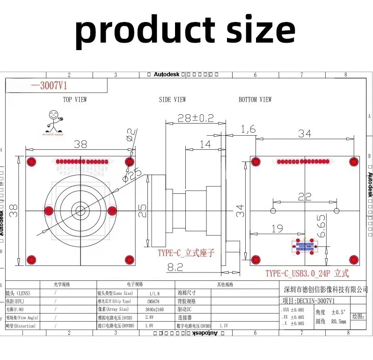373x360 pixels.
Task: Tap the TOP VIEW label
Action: click(x=75, y=100)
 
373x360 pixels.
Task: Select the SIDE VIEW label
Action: click(x=172, y=100)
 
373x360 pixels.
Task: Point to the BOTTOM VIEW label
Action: click(x=255, y=100)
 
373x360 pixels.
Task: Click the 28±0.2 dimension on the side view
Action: click(x=195, y=118)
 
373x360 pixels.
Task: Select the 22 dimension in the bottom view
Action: click(x=304, y=197)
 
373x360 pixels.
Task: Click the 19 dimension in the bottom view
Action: click(x=277, y=228)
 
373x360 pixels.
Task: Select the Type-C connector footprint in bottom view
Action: click(x=304, y=246)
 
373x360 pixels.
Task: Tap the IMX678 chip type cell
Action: click(x=153, y=301)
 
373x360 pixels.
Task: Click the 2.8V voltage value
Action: click(x=153, y=317)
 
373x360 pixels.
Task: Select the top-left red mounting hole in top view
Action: click(x=32, y=162)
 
